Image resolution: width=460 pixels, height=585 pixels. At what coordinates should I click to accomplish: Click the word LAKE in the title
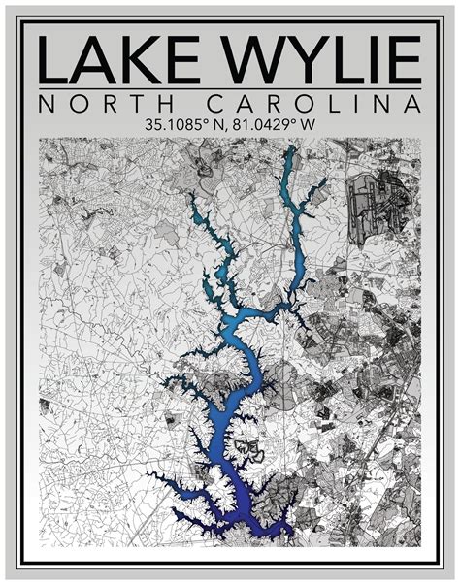116,59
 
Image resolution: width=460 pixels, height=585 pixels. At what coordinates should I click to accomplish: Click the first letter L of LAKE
53,59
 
